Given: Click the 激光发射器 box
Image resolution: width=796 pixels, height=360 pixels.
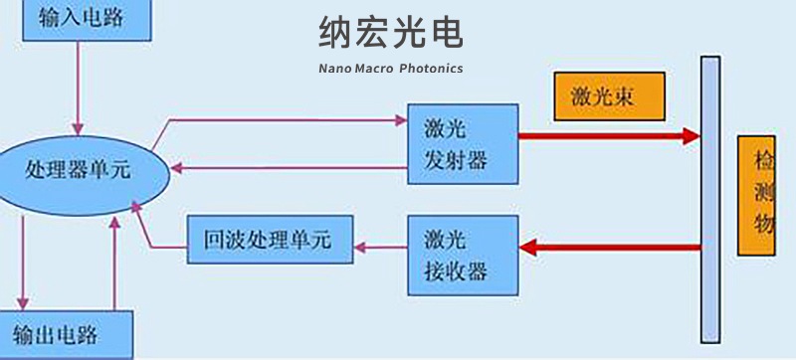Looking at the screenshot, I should coord(463,143).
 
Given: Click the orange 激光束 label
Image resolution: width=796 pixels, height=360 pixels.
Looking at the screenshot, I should coord(608,97).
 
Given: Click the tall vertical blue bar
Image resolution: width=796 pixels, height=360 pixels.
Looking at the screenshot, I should coord(710,199).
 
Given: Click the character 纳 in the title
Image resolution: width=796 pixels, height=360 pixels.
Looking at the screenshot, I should coord(336,34).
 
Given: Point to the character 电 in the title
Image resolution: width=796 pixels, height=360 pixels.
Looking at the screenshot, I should coord(447,34).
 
